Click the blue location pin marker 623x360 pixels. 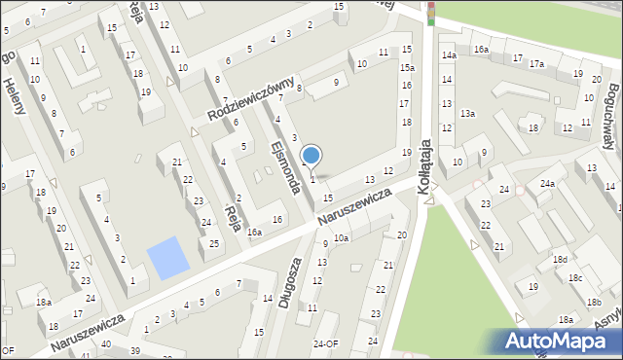[311, 155]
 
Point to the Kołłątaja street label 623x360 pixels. [424, 168]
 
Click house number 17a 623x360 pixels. [536, 64]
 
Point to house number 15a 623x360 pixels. [407, 68]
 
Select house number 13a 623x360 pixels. [467, 114]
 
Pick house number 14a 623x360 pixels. [448, 55]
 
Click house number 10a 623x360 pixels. [341, 237]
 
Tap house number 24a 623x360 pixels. [548, 183]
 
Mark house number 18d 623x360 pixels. [560, 260]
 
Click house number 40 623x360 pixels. [105, 344]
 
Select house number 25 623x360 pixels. [214, 242]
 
